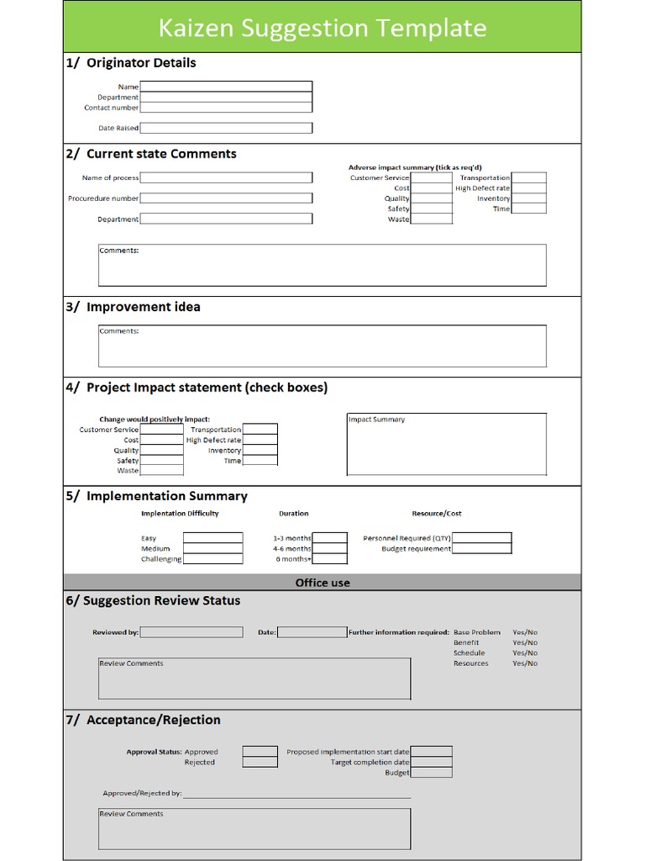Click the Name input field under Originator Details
point(226,87)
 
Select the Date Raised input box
point(226,128)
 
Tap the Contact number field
point(226,108)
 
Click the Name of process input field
point(226,177)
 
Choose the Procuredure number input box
point(226,198)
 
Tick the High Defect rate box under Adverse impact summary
point(528,188)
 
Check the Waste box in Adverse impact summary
point(432,219)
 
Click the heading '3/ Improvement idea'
point(134,307)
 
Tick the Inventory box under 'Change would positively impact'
point(260,451)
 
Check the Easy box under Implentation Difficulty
point(212,538)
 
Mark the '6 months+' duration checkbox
point(330,559)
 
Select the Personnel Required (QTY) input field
point(481,538)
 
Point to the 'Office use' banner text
point(322,583)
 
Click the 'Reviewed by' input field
point(191,632)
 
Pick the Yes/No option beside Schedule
point(525,653)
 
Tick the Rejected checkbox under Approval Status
point(260,763)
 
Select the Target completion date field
point(431,763)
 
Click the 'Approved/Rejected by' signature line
point(296,793)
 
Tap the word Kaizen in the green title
point(197,28)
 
